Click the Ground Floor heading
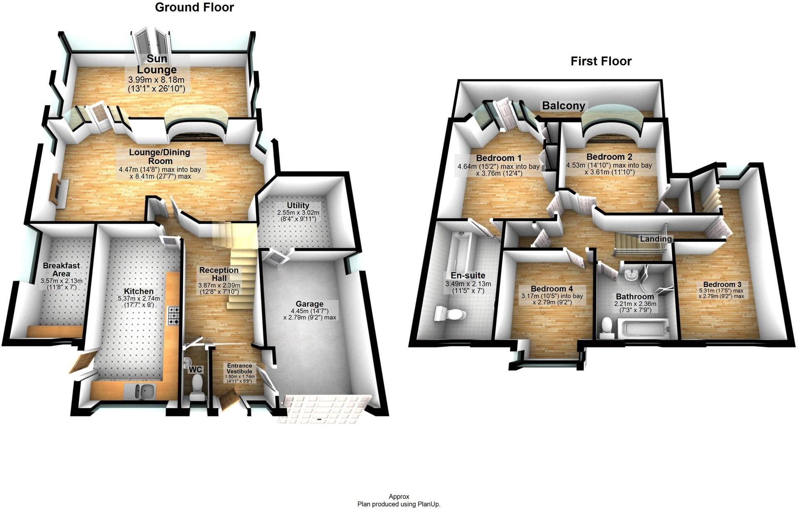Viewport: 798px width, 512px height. click(194, 7)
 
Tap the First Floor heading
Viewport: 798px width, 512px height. click(601, 62)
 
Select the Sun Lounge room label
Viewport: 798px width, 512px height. click(157, 64)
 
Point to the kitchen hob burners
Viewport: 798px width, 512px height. click(173, 316)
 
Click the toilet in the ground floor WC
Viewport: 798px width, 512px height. click(196, 383)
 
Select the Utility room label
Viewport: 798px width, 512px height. click(298, 206)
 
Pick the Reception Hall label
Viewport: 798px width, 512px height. click(219, 274)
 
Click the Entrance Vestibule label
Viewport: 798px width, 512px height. click(239, 369)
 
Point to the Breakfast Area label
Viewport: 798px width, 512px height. click(61, 269)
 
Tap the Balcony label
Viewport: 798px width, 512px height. click(563, 106)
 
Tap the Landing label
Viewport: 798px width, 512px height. click(655, 239)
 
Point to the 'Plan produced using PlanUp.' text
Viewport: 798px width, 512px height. click(399, 504)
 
